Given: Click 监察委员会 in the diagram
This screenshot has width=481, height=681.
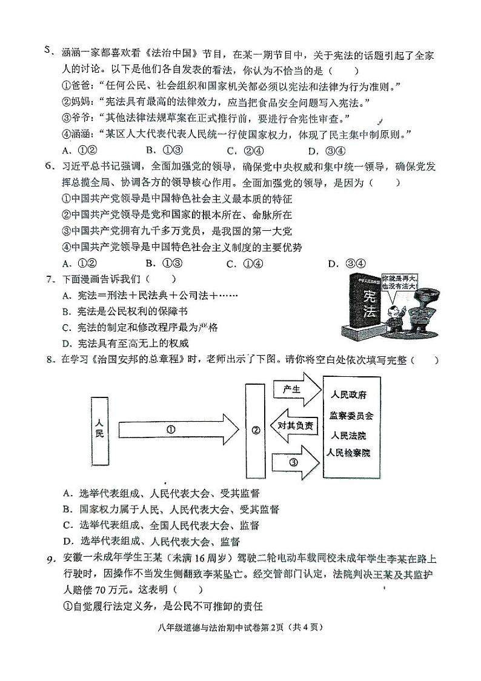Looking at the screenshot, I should pyautogui.click(x=351, y=416).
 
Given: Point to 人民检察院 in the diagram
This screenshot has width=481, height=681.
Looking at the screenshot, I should pyautogui.click(x=348, y=453).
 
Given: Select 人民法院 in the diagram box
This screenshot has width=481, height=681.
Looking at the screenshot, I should pyautogui.click(x=348, y=435).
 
